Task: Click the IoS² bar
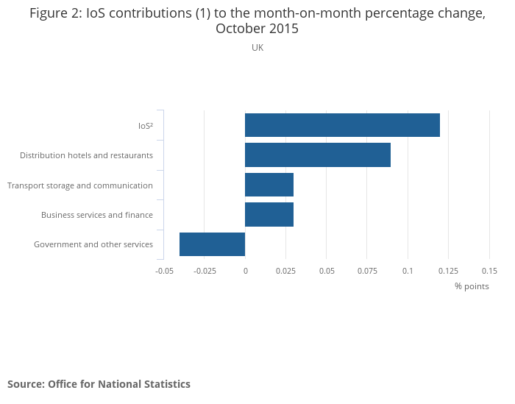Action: coord(342,125)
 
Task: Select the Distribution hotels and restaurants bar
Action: coord(318,155)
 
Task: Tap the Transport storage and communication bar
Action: coord(269,185)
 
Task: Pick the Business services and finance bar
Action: coord(269,215)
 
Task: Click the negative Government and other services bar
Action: coord(212,244)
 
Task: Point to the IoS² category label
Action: coord(146,126)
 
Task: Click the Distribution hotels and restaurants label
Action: coord(86,155)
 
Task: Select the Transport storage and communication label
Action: coord(80,185)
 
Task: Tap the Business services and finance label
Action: coord(97,215)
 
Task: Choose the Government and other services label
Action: coord(93,244)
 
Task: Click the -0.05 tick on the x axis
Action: coord(164,271)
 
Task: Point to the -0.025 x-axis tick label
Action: coord(205,271)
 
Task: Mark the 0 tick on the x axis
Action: coord(246,271)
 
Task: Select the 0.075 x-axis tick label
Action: coord(368,271)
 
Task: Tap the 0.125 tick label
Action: coord(449,271)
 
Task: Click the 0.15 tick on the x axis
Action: coord(489,271)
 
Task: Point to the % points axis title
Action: coord(472,286)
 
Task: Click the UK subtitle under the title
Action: coord(257,48)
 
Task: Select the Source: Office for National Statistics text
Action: coord(99,384)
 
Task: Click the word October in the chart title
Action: coord(239,29)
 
